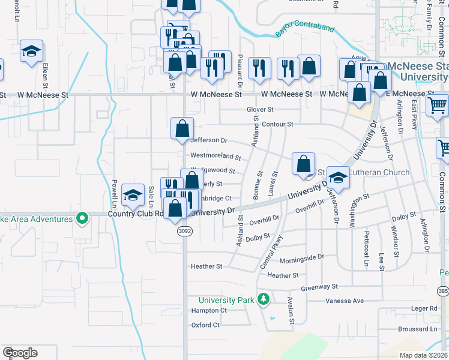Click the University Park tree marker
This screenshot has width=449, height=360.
[x=263, y=298]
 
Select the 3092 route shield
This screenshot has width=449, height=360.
[x=184, y=230]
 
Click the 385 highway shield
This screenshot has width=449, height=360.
[x=443, y=291]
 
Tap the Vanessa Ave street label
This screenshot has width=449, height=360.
[x=345, y=301]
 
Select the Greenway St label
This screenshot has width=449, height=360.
[x=320, y=287]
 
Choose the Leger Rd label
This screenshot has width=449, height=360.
[x=425, y=308]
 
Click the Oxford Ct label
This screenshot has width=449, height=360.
[x=205, y=325]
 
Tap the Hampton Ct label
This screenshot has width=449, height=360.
[x=209, y=311]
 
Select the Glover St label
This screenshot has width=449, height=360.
[x=260, y=110]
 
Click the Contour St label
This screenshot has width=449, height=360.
[x=277, y=124]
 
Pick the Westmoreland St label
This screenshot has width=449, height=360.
[x=215, y=157]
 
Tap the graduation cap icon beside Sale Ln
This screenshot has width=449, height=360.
[x=133, y=194]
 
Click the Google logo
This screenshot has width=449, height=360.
[x=20, y=353]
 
